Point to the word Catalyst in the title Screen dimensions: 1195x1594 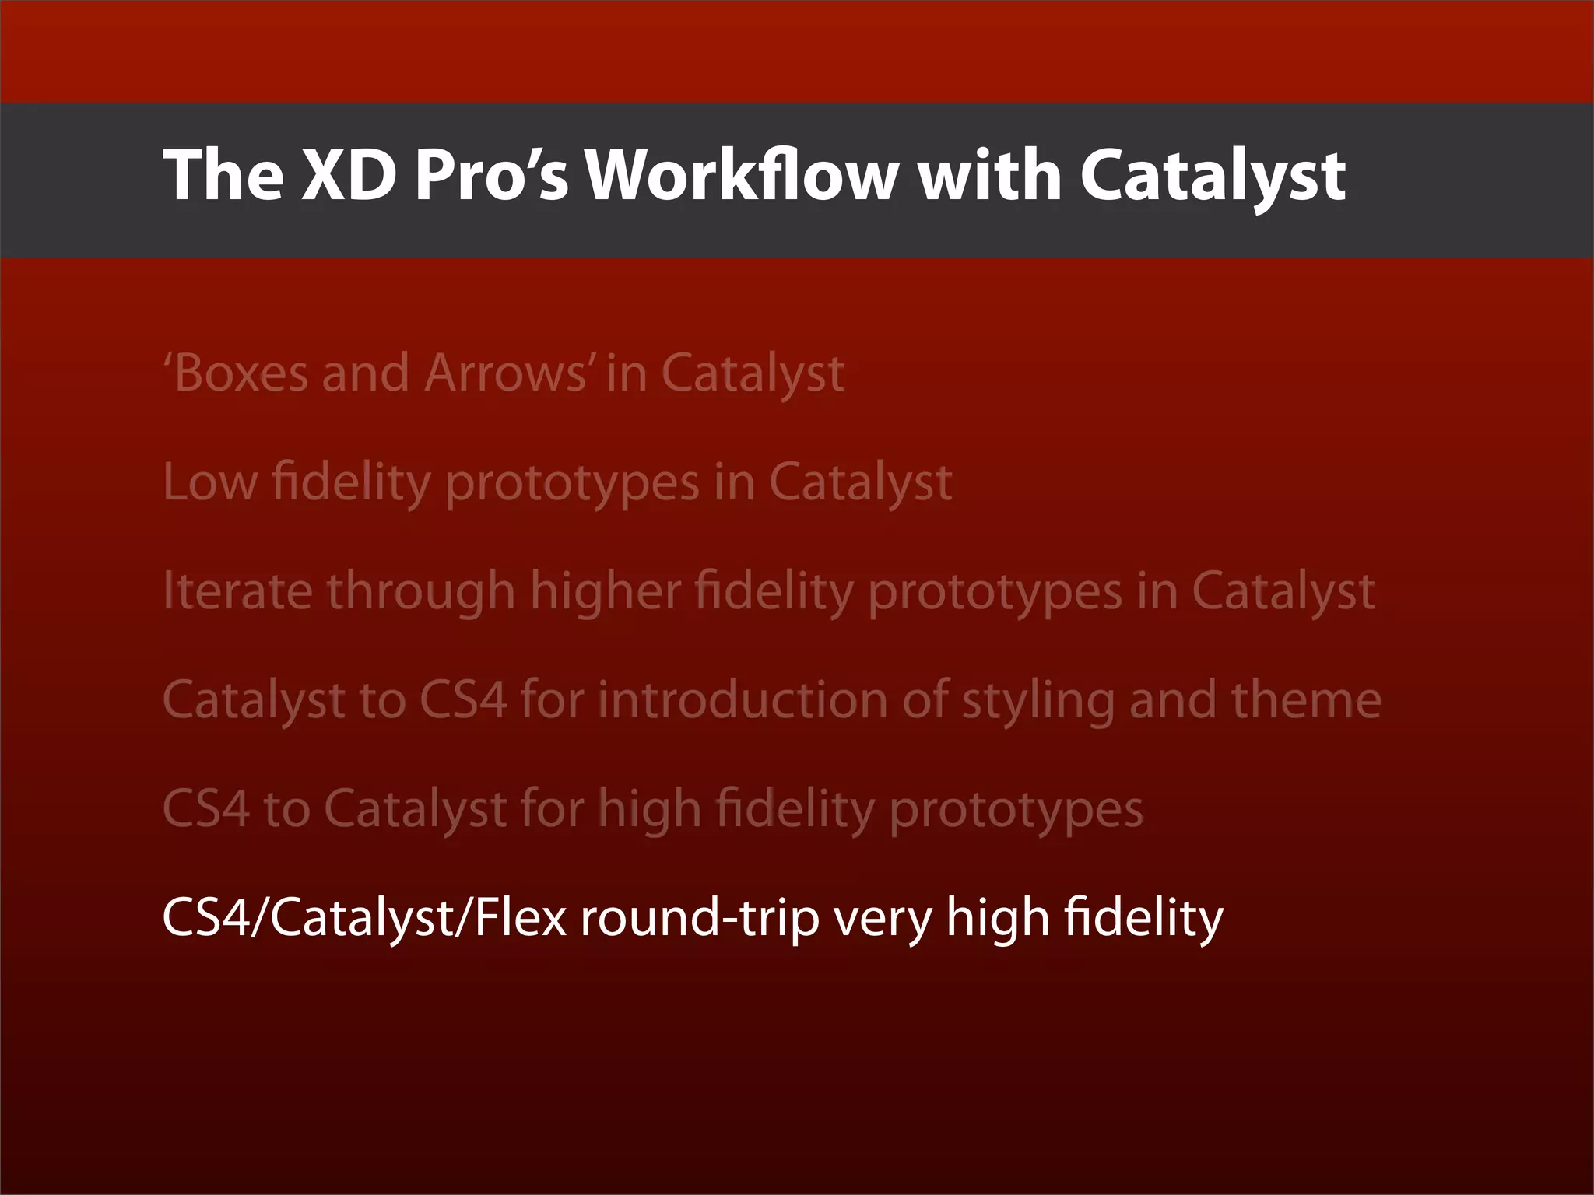[x=1213, y=177]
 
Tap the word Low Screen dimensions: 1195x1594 [x=209, y=482]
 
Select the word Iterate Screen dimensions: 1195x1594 [x=237, y=591]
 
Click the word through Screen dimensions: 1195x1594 [x=421, y=593]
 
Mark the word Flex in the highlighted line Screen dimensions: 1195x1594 [x=520, y=918]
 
